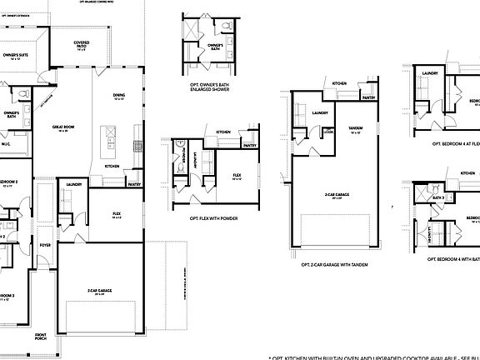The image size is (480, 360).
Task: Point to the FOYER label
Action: (44, 245)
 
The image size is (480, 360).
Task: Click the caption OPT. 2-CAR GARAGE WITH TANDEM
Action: (334, 264)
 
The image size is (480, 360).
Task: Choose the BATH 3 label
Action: (437, 197)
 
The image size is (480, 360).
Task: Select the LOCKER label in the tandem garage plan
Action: (328, 131)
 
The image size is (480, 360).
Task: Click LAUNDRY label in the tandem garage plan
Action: (319, 112)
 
